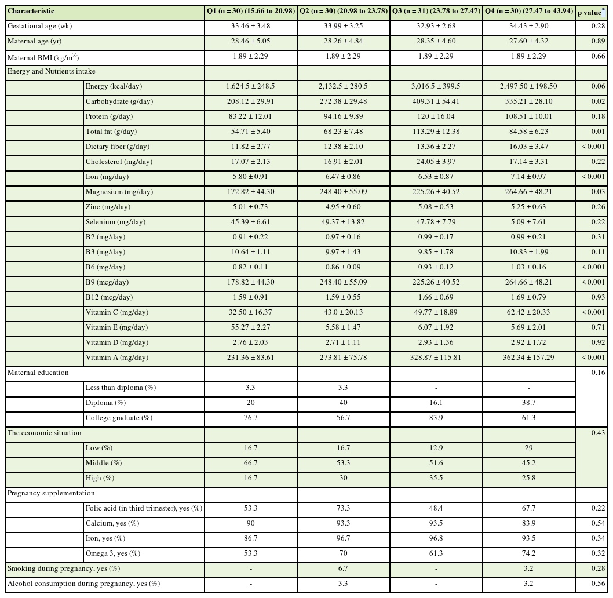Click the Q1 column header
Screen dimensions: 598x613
pyautogui.click(x=251, y=11)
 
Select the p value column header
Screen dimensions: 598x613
pyautogui.click(x=591, y=12)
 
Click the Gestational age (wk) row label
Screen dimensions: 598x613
pyautogui.click(x=40, y=26)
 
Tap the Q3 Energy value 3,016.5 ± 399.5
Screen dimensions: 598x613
pyautogui.click(x=436, y=86)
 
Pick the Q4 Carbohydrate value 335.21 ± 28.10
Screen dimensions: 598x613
pyautogui.click(x=528, y=101)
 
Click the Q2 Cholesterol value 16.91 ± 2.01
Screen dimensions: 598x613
pyautogui.click(x=343, y=162)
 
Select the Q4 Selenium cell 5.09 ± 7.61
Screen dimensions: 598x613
pyautogui.click(x=528, y=222)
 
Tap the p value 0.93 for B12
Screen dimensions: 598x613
pyautogui.click(x=591, y=297)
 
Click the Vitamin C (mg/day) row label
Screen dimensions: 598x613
pyautogui.click(x=117, y=312)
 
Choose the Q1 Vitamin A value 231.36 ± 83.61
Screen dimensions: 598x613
pyautogui.click(x=251, y=358)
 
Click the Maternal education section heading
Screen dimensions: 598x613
pyautogui.click(x=38, y=373)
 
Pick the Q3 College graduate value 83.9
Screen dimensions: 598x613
pyautogui.click(x=436, y=418)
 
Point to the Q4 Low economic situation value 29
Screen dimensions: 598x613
pyautogui.click(x=528, y=448)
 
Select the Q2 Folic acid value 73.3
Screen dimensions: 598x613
pyautogui.click(x=343, y=508)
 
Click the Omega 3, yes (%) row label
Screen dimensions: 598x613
pyautogui.click(x=113, y=553)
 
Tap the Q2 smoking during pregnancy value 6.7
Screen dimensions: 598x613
pyautogui.click(x=343, y=568)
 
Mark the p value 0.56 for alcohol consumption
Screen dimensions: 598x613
pyautogui.click(x=591, y=584)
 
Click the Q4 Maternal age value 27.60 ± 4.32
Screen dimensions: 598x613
pyautogui.click(x=528, y=41)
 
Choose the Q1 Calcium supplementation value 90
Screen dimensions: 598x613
pyautogui.click(x=251, y=523)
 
